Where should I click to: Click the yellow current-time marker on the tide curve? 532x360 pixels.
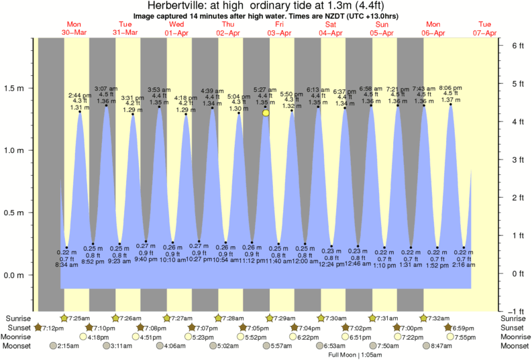coord(266,113)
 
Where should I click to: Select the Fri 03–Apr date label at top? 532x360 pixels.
coord(279,29)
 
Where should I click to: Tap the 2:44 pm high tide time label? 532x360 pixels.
coord(80,95)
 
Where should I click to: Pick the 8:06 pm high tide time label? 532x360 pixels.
coord(450,88)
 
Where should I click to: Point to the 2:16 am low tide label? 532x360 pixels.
coord(463,265)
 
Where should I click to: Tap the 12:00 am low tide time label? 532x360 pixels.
coord(306,261)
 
